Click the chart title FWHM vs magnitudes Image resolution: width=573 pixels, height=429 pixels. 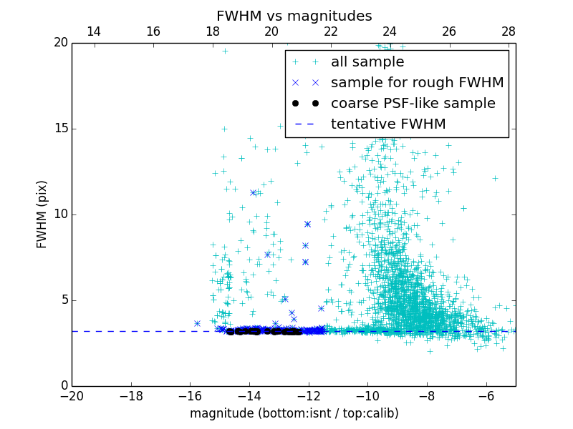coord(294,16)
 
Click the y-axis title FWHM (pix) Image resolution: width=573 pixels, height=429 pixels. coord(42,214)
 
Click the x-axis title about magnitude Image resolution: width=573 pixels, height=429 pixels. coord(294,413)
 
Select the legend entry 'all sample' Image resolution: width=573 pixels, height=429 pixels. coord(367,62)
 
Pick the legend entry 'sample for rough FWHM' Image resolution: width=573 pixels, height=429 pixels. coord(417,83)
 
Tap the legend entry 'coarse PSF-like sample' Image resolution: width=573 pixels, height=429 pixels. coord(413,104)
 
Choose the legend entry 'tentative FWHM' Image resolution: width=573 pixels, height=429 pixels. coord(388,124)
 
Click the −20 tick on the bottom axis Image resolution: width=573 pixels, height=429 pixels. coord(72,395)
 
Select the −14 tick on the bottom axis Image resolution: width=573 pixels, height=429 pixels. coord(249,395)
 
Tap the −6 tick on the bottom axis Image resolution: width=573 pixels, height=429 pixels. coord(486,395)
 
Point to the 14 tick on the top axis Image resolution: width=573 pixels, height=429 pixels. coord(94,31)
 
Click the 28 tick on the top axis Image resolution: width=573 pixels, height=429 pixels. coord(509,31)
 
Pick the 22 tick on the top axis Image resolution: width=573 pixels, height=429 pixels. coord(331,31)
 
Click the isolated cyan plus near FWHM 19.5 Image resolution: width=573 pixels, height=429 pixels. coord(225,51)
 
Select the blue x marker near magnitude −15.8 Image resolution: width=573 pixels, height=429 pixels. coord(197,323)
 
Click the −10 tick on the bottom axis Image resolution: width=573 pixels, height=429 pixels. coord(367,395)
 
